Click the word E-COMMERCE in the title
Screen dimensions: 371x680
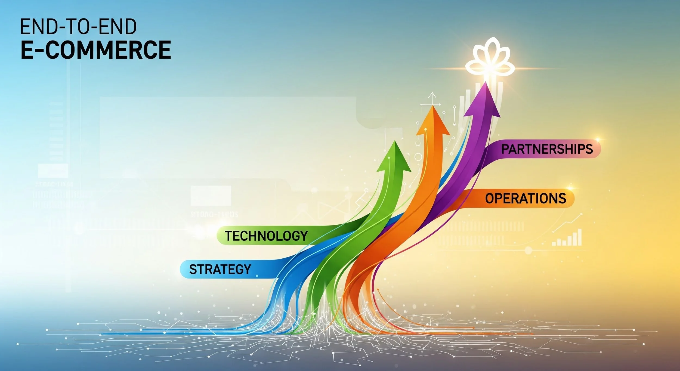pyautogui.click(x=96, y=50)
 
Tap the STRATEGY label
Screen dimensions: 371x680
pyautogui.click(x=220, y=269)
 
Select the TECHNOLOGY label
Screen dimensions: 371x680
pyautogui.click(x=266, y=236)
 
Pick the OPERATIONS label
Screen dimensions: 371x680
pyautogui.click(x=526, y=198)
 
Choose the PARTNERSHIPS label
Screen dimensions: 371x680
pyautogui.click(x=547, y=149)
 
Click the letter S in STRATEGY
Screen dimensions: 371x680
pyautogui.click(x=193, y=269)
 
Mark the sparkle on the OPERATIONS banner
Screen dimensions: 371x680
pyautogui.click(x=570, y=188)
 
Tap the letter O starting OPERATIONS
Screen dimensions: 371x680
pyautogui.click(x=490, y=198)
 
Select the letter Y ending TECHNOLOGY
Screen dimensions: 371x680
pyautogui.click(x=304, y=236)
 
